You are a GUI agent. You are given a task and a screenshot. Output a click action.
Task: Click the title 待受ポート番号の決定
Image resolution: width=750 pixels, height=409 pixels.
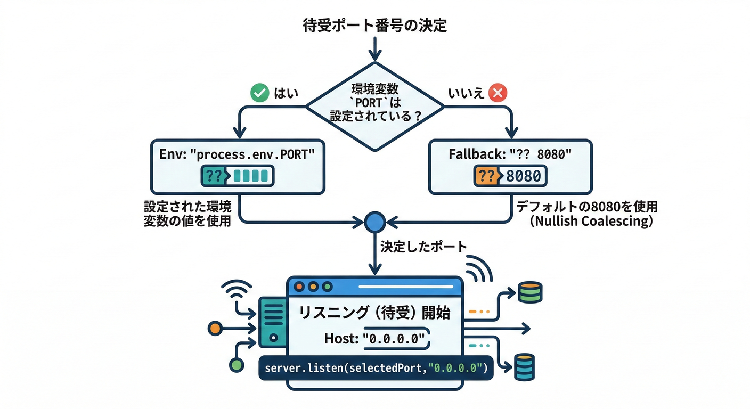coord(374,26)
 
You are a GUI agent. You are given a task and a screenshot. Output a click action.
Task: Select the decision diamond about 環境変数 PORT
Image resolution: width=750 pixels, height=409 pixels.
coord(374,106)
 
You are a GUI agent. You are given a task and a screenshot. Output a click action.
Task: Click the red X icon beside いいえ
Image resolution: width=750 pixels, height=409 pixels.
coord(498,93)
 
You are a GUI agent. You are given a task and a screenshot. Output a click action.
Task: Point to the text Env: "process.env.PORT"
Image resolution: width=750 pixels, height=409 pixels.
coord(237,154)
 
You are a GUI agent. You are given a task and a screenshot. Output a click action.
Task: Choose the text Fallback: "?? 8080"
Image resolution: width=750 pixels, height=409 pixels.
coord(510,154)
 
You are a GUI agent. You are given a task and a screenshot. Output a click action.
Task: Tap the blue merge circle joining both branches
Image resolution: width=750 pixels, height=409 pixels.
coord(374,222)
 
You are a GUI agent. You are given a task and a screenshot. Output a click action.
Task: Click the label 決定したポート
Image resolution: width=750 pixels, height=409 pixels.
coord(423,247)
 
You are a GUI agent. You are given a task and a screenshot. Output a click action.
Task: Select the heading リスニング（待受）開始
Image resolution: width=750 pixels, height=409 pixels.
coord(374,313)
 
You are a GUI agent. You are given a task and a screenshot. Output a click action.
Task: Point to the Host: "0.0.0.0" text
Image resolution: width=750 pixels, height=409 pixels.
coord(374,339)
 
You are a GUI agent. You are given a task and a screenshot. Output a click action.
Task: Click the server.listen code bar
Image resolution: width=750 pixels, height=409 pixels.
coord(376,368)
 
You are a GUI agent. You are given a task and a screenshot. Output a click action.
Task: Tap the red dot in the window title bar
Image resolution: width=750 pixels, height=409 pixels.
coord(298,286)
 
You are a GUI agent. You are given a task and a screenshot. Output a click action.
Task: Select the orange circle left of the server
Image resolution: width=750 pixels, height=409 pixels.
coord(215,328)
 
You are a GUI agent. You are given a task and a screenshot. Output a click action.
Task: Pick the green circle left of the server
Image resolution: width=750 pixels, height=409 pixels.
coord(235,365)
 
